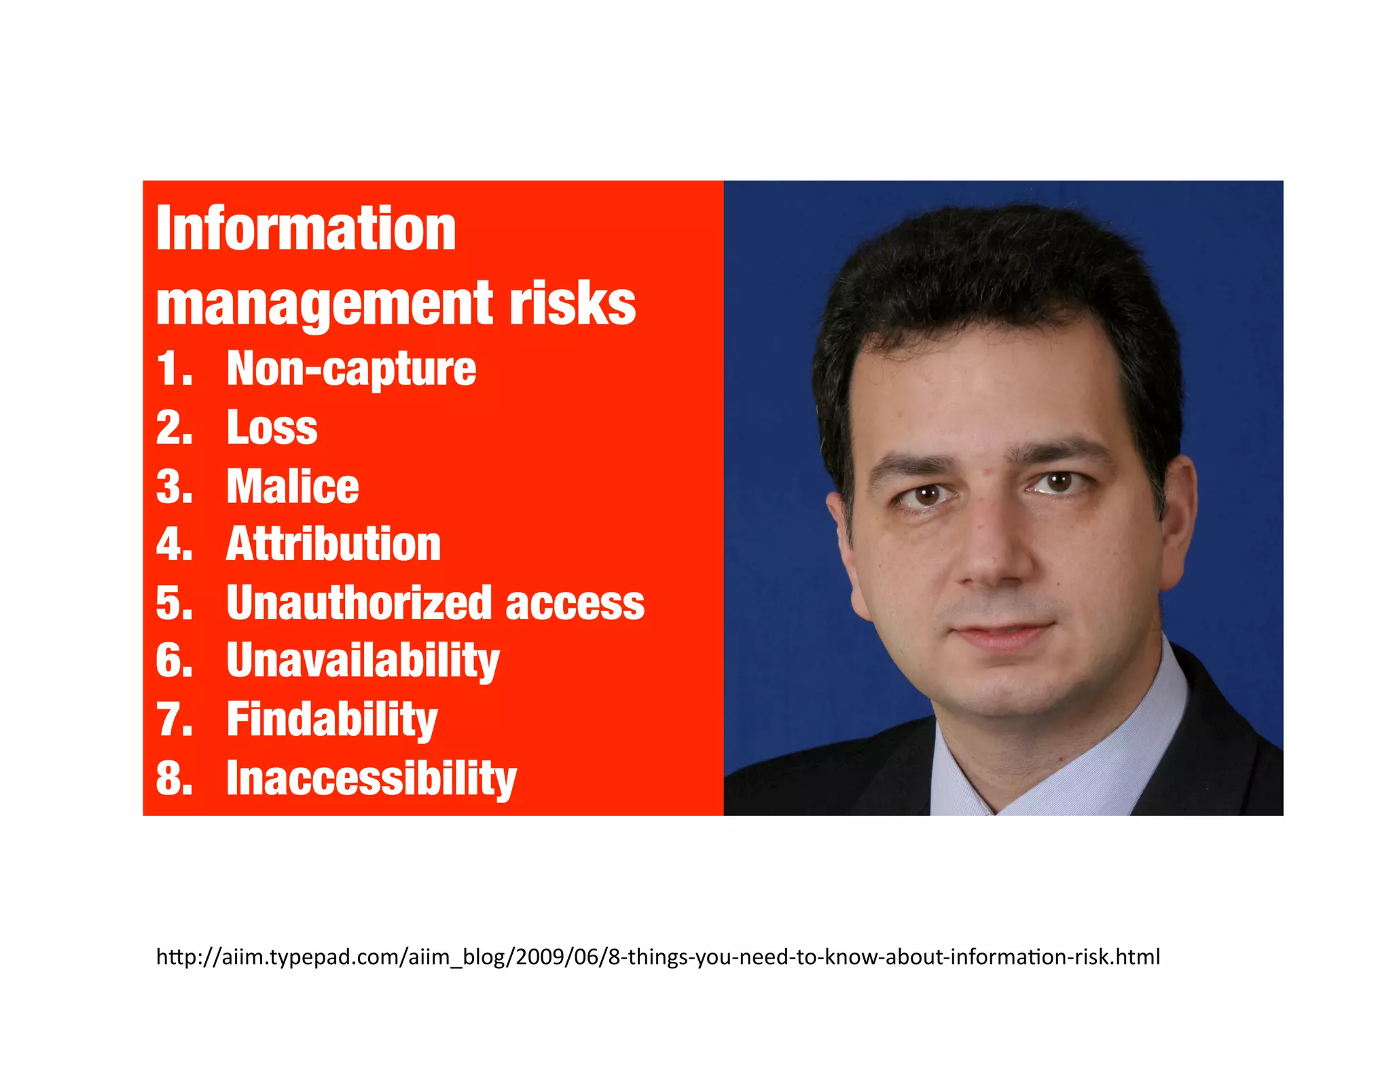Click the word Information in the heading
click(306, 229)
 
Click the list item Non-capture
click(351, 369)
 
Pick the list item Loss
click(272, 428)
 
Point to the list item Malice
click(293, 486)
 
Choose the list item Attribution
click(333, 544)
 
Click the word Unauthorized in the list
click(359, 603)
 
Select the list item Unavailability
click(363, 661)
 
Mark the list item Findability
click(332, 720)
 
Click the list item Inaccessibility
click(371, 778)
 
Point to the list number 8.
click(174, 778)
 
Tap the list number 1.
click(174, 369)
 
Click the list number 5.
click(174, 603)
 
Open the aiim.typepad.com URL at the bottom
click(657, 957)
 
